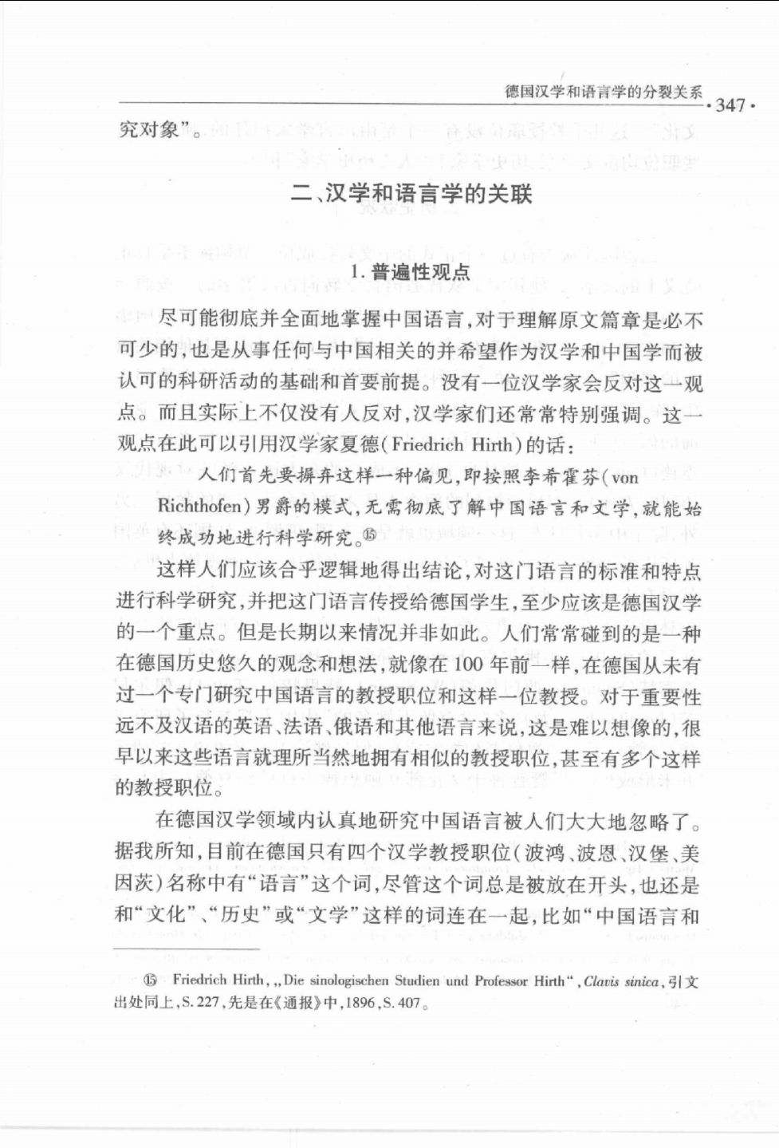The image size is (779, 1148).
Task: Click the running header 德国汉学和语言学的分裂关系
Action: click(x=604, y=91)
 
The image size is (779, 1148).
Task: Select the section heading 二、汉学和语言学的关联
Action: click(x=411, y=194)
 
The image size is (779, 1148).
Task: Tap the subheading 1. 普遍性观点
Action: click(x=411, y=273)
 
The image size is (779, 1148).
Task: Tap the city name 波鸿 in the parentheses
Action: click(x=545, y=853)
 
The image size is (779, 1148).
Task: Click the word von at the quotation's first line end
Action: click(x=625, y=477)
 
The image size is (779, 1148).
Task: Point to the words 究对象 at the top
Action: click(x=149, y=129)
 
